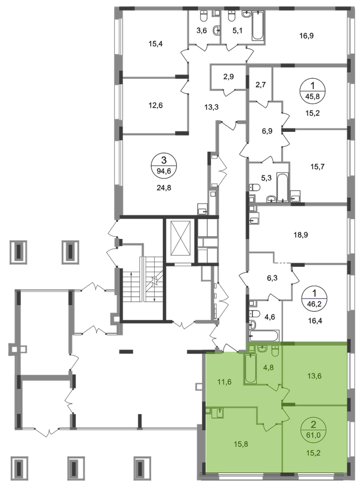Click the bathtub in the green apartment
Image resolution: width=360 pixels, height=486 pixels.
pyautogui.click(x=251, y=367)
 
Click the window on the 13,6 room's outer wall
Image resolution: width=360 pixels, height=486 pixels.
pyautogui.click(x=346, y=375)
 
